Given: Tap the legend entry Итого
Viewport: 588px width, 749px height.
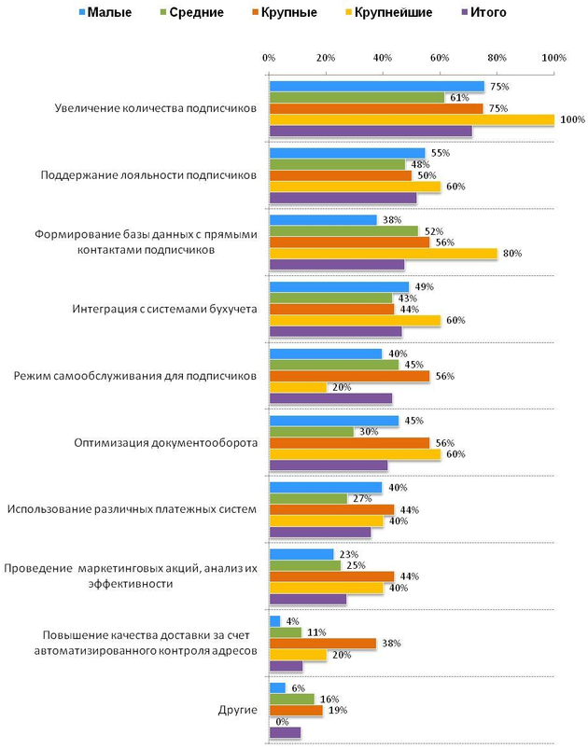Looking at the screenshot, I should (487, 13).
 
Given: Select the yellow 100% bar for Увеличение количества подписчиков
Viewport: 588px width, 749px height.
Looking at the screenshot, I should (412, 119).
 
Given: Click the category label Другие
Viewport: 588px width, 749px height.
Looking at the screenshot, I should (238, 710).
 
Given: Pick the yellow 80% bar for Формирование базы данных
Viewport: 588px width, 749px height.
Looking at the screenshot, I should (383, 253).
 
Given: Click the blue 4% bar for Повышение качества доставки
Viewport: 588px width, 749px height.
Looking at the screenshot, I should (274, 620).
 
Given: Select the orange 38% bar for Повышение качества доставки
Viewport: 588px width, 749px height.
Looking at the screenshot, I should (323, 644).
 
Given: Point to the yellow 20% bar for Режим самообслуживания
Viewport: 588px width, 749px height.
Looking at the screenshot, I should (298, 387).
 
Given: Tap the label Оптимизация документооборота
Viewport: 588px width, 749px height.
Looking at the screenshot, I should (165, 442).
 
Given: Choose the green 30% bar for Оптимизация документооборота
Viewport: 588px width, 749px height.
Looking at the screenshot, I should (312, 431).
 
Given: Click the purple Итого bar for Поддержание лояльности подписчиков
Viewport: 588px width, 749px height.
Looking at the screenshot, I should (343, 198).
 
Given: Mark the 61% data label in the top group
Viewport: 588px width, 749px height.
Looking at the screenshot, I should (458, 97).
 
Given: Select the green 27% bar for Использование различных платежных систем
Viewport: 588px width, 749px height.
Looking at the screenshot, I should (307, 498).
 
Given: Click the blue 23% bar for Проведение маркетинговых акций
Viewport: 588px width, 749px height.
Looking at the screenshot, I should (301, 554).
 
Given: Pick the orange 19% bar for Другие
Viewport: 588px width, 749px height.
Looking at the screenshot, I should (296, 710).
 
